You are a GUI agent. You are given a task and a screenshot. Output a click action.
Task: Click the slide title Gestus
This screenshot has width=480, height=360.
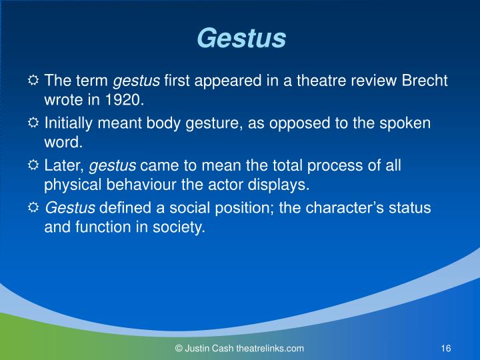[x=241, y=39]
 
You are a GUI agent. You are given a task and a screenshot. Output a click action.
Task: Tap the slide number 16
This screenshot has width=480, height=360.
[x=447, y=348]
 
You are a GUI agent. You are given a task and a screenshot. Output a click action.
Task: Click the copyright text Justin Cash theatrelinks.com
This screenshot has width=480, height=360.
[x=239, y=348]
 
